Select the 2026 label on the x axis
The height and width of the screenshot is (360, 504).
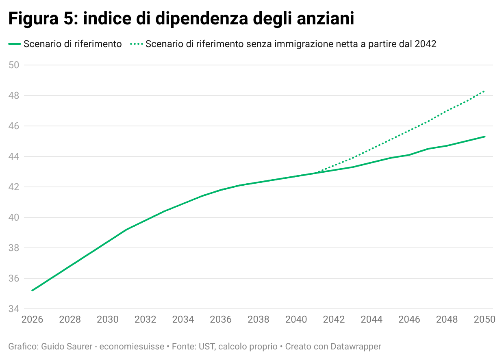tap(32, 320)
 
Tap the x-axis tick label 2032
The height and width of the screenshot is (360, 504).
tap(145, 320)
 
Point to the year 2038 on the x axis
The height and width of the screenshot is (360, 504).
tap(259, 320)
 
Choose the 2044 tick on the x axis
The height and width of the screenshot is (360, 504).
tap(371, 320)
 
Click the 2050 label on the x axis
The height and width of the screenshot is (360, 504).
tap(484, 320)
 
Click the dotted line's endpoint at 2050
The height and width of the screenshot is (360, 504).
tap(484, 91)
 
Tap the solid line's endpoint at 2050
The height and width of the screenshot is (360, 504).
tap(484, 137)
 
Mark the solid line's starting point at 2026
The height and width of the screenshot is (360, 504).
tap(32, 291)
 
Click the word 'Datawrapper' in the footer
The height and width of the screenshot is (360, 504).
tap(356, 347)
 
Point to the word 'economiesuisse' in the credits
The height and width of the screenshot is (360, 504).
tap(132, 347)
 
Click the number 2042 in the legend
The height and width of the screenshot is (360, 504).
tap(426, 44)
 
